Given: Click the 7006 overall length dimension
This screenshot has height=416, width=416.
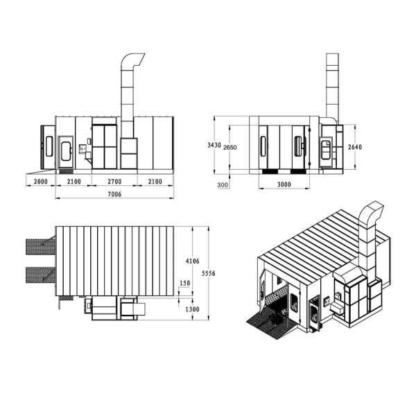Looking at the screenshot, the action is pyautogui.click(x=114, y=194).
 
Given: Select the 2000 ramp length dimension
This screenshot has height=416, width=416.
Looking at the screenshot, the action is pyautogui.click(x=41, y=182).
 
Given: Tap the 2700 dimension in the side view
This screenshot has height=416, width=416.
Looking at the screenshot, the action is pyautogui.click(x=114, y=182).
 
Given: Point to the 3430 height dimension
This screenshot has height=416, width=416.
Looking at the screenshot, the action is pyautogui.click(x=214, y=145).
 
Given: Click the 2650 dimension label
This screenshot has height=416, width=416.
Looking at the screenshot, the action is pyautogui.click(x=229, y=147).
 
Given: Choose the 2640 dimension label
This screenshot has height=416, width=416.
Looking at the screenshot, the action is pyautogui.click(x=355, y=147).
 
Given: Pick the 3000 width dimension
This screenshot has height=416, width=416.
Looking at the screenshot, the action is pyautogui.click(x=284, y=184).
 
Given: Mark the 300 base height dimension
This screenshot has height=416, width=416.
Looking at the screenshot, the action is pyautogui.click(x=223, y=184).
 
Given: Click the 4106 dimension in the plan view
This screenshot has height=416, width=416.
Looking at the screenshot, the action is pyautogui.click(x=192, y=261).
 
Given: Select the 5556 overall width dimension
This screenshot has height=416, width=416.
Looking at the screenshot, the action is pyautogui.click(x=209, y=273).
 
